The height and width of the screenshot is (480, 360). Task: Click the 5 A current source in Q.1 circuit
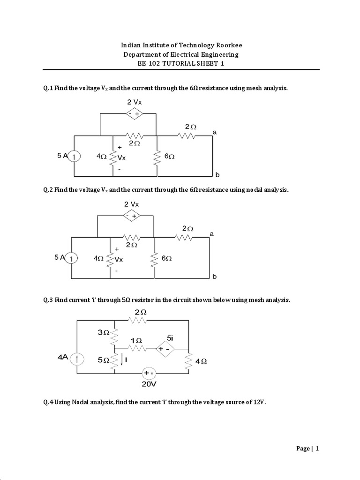[x=75, y=156]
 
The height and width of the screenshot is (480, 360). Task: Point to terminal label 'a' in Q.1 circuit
[x=215, y=133]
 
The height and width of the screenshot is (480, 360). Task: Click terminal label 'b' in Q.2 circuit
[x=214, y=277]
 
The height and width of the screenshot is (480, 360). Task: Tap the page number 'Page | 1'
[x=307, y=449]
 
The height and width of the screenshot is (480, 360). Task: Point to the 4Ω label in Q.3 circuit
[x=201, y=361]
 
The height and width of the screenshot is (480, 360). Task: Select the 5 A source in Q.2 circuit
[x=71, y=258]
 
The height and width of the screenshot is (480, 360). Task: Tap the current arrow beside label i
[x=122, y=360]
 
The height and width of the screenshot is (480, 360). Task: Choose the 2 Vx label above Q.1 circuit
[x=135, y=102]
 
